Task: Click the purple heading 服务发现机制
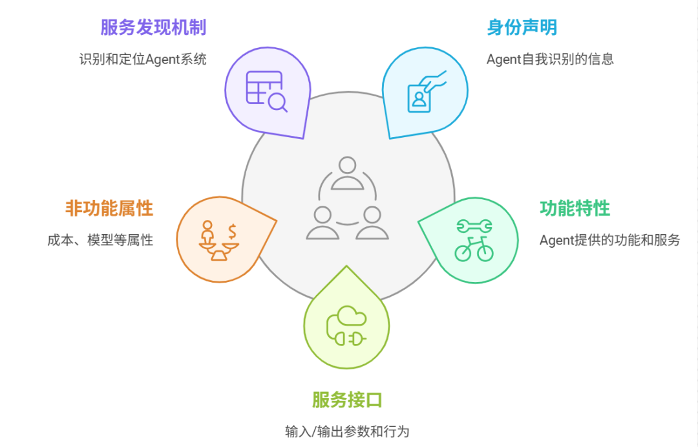[153, 28]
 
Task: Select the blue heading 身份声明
[522, 28]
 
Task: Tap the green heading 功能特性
[575, 208]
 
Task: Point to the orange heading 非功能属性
[109, 208]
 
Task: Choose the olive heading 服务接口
[347, 400]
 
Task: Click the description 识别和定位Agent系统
[143, 60]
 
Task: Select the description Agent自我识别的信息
[550, 60]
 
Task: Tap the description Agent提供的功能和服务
[609, 240]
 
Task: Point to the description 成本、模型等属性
[100, 240]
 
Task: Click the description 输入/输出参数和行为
[347, 431]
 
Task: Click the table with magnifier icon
[266, 91]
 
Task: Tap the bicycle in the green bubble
[473, 250]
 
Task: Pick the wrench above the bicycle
[474, 226]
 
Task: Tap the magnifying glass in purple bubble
[278, 102]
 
